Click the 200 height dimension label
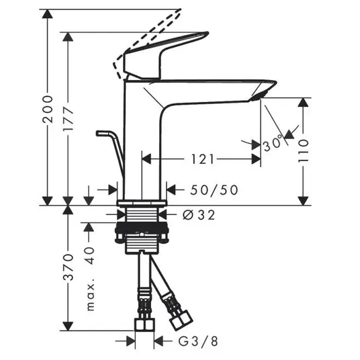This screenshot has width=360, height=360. click(x=48, y=109)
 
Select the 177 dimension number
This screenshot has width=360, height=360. click(x=69, y=118)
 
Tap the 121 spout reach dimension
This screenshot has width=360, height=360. click(x=203, y=159)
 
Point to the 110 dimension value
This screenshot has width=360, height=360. click(x=304, y=150)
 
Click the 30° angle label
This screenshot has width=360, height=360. click(x=273, y=142)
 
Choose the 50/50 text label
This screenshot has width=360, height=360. click(x=214, y=190)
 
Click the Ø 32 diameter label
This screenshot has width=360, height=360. click(x=199, y=215)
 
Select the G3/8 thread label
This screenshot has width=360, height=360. click(x=198, y=341)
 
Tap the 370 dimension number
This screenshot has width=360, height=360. click(x=69, y=267)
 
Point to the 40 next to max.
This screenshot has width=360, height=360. click(x=91, y=255)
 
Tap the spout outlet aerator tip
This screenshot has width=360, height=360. click(x=259, y=96)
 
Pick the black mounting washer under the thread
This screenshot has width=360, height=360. click(x=142, y=227)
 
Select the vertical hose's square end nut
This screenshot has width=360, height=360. click(x=144, y=324)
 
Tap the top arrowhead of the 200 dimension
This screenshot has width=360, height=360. click(x=48, y=14)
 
